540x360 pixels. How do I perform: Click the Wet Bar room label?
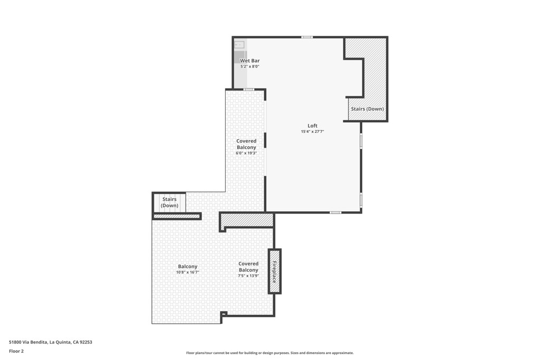(x=250, y=61)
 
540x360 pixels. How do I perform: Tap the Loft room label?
(x=313, y=125)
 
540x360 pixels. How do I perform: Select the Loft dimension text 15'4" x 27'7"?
(x=313, y=132)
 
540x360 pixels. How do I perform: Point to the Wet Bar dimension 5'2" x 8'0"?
(x=250, y=67)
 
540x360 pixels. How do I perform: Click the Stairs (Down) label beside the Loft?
(x=368, y=109)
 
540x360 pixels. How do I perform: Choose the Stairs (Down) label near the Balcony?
(x=169, y=202)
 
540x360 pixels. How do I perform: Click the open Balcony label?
(x=188, y=266)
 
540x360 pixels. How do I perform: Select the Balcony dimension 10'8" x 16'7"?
(x=188, y=273)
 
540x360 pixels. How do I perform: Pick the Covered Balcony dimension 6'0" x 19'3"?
(x=246, y=153)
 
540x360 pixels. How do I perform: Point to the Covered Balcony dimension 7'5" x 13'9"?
(x=248, y=276)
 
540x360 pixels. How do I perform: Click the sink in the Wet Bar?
(x=239, y=45)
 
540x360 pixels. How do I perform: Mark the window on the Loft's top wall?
(x=307, y=37)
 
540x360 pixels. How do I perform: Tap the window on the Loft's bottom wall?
(x=335, y=212)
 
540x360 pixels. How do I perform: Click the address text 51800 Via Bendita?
(x=51, y=342)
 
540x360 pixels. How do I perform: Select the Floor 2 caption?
(x=16, y=351)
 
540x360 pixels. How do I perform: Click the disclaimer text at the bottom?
(x=269, y=353)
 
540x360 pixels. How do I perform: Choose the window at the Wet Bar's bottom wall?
(x=249, y=90)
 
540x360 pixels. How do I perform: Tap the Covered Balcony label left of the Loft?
(x=246, y=144)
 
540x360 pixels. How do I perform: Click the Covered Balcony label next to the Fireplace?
(x=248, y=267)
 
